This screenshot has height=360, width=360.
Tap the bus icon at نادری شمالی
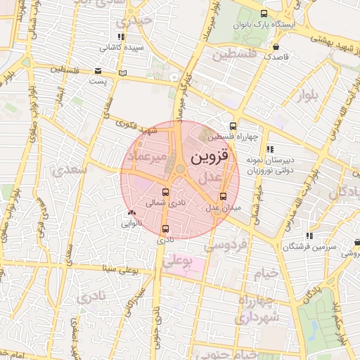pyautogui.click(x=166, y=192)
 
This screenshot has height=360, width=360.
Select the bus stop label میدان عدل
pyautogui.click(x=223, y=207)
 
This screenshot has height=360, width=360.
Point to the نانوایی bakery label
pyautogui.click(x=131, y=224)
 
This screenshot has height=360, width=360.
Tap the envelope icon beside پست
pyautogui.click(x=98, y=71)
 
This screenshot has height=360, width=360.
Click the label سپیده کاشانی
pyautogui.click(x=122, y=48)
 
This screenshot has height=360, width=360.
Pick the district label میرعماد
pyautogui.click(x=148, y=156)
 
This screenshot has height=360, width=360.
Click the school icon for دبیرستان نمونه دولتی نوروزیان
pyautogui.click(x=270, y=148)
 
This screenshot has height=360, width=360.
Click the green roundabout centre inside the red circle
pyautogui.click(x=181, y=168)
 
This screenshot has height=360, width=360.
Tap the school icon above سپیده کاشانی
pyautogui.click(x=122, y=37)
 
